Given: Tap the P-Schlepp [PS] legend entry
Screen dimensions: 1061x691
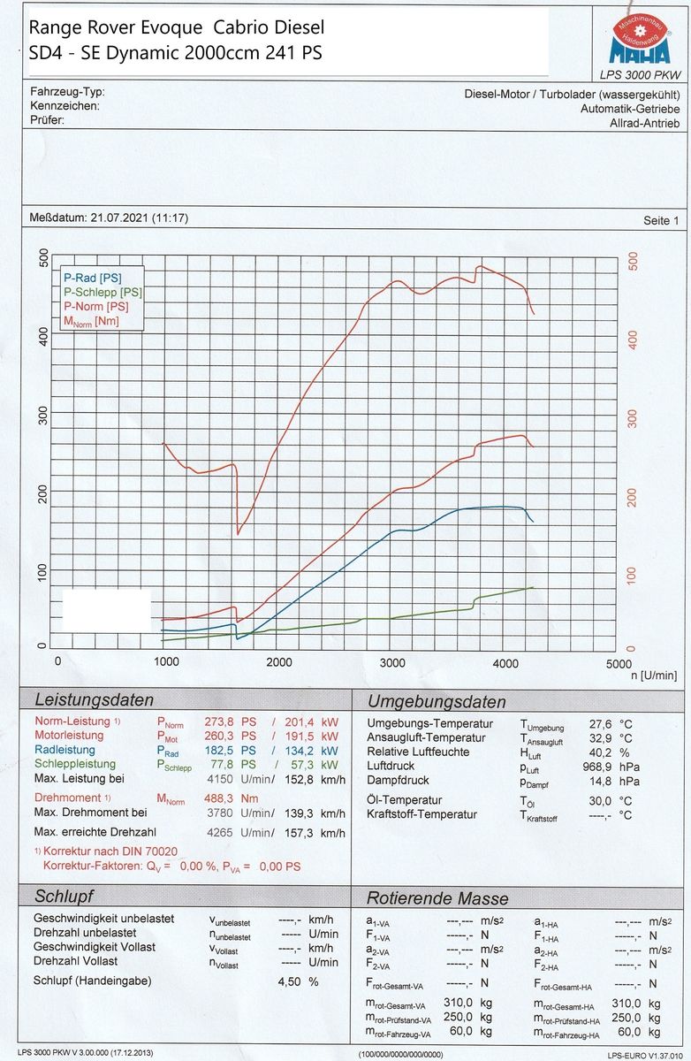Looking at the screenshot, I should coord(102,293).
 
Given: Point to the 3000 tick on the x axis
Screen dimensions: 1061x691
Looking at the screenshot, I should coord(392,663).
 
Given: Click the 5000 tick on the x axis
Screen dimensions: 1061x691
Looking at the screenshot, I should coord(619,663).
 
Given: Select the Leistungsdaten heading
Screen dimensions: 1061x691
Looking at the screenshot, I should coord(93,700).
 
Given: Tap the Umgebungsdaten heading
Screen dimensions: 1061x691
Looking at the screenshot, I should coord(437,702).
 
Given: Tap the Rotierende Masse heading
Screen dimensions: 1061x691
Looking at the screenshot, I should coord(437,898).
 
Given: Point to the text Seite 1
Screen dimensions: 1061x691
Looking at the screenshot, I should coord(661,221).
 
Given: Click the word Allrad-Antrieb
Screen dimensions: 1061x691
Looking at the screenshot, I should coord(644,124).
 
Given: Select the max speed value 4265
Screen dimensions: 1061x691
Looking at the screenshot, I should coord(221,833).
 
